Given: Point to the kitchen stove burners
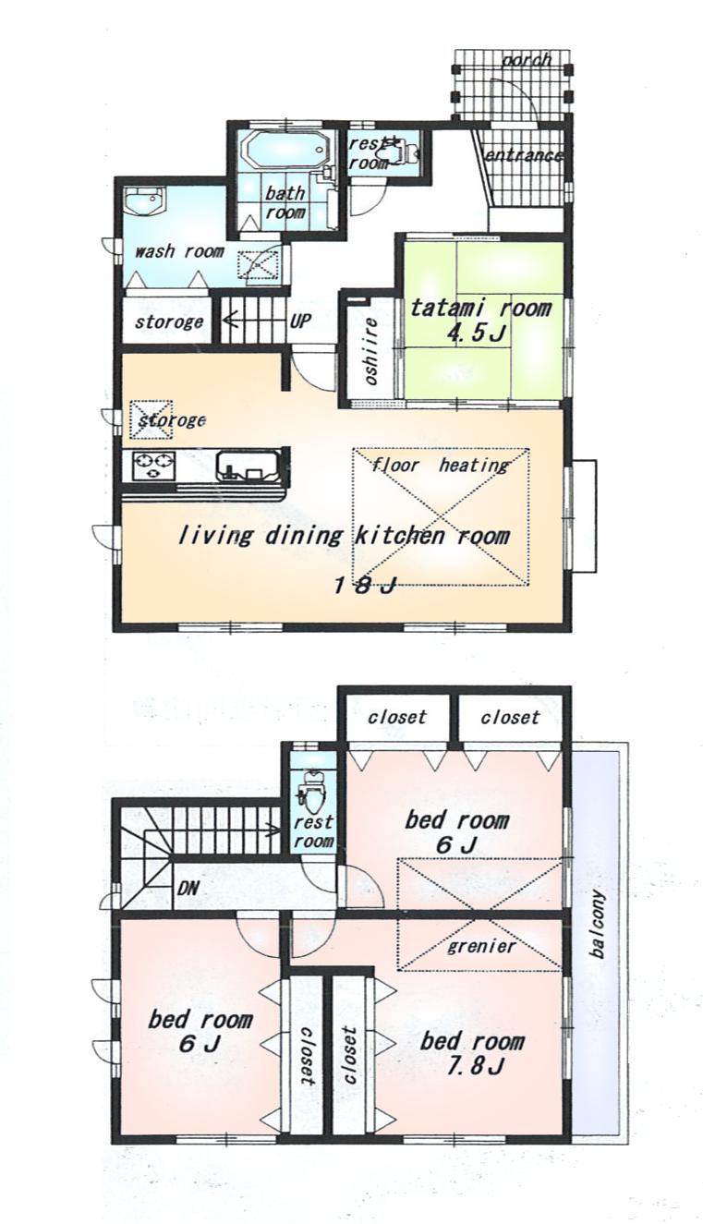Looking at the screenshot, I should pos(154,465).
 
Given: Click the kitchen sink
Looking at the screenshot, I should pos(247,467).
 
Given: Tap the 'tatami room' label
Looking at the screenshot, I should pos(480,308).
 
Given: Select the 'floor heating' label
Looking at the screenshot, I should pos(441,465).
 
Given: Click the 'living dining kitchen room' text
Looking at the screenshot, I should pos(343,535).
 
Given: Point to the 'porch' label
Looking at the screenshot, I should pos(527,60).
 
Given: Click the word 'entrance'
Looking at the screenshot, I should pos(524,155).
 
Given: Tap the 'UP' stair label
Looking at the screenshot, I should pos(300,322).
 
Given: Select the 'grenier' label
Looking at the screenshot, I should pos(480,946).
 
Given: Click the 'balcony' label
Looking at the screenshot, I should pos(598,923).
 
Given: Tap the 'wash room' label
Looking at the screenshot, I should pos(179,250).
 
